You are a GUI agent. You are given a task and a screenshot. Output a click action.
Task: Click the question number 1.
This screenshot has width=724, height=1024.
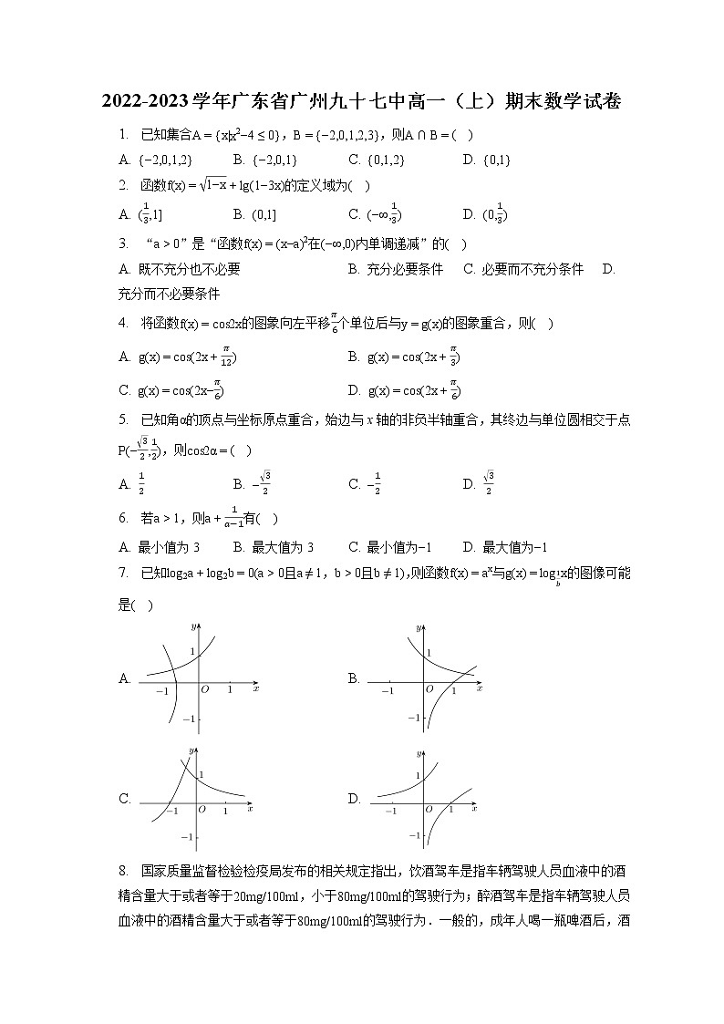122,135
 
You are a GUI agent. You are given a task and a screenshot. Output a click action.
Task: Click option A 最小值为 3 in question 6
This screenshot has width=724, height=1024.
160,547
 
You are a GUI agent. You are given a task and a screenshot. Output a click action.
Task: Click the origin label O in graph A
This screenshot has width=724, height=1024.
205,689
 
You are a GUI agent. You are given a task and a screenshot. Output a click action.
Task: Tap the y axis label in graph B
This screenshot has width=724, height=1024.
419,628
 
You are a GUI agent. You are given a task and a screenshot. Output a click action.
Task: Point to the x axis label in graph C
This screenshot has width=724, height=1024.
249,809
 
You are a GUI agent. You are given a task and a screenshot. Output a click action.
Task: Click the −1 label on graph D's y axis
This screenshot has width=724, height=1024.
413,835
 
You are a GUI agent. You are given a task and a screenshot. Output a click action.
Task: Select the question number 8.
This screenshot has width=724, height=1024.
122,870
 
